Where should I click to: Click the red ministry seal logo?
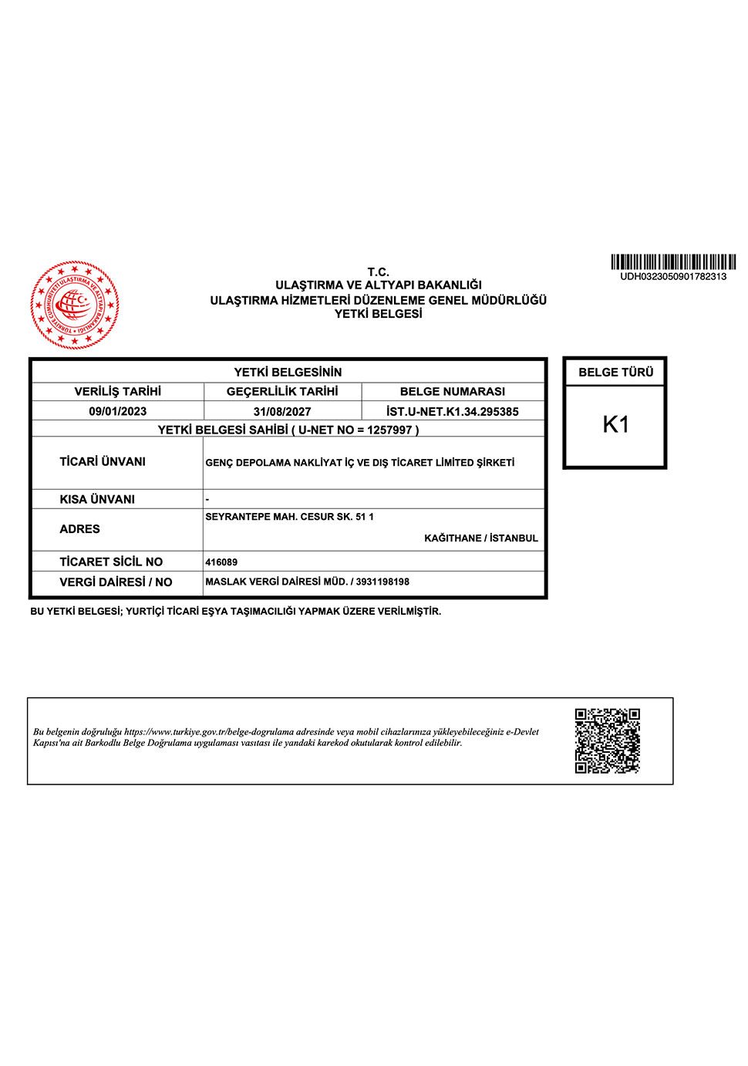(x=75, y=305)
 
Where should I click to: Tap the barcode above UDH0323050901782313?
(x=673, y=262)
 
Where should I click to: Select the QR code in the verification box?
(x=608, y=740)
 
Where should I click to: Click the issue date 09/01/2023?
(x=118, y=411)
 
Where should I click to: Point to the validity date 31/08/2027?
(x=282, y=411)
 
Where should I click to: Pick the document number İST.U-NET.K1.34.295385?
(x=453, y=411)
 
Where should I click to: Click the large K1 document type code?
(x=615, y=424)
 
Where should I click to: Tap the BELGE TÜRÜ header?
(x=615, y=372)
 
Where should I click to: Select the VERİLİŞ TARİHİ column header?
(x=118, y=391)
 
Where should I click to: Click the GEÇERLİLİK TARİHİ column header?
(x=282, y=391)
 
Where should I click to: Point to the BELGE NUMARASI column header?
(x=453, y=391)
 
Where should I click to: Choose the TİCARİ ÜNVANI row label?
(x=103, y=461)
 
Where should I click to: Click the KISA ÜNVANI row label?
(x=97, y=499)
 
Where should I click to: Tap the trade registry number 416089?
(x=221, y=562)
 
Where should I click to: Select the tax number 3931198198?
(x=382, y=582)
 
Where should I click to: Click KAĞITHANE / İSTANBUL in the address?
(x=481, y=538)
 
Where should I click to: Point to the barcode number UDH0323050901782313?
(x=673, y=276)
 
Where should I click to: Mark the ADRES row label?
(x=80, y=529)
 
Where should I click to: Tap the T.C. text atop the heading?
(x=378, y=272)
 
